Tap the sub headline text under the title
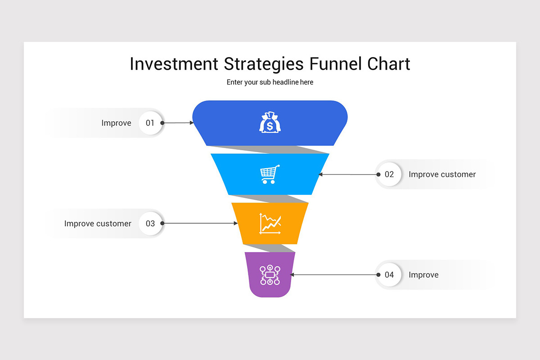pos(270,82)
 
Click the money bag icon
pos(270,122)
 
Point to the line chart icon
pos(270,223)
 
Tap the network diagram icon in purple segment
pos(270,275)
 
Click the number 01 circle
pos(150,123)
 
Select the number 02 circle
pos(389,174)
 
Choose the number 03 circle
pos(150,223)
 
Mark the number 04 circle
pos(389,274)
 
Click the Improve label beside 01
pos(116,123)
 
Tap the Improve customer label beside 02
pos(442,174)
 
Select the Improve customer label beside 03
pos(98,223)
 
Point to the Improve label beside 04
pos(423,274)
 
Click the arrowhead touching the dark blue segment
pos(191,122)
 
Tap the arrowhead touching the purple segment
pos(292,274)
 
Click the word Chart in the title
pos(388,64)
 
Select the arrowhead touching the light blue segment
pos(321,174)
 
